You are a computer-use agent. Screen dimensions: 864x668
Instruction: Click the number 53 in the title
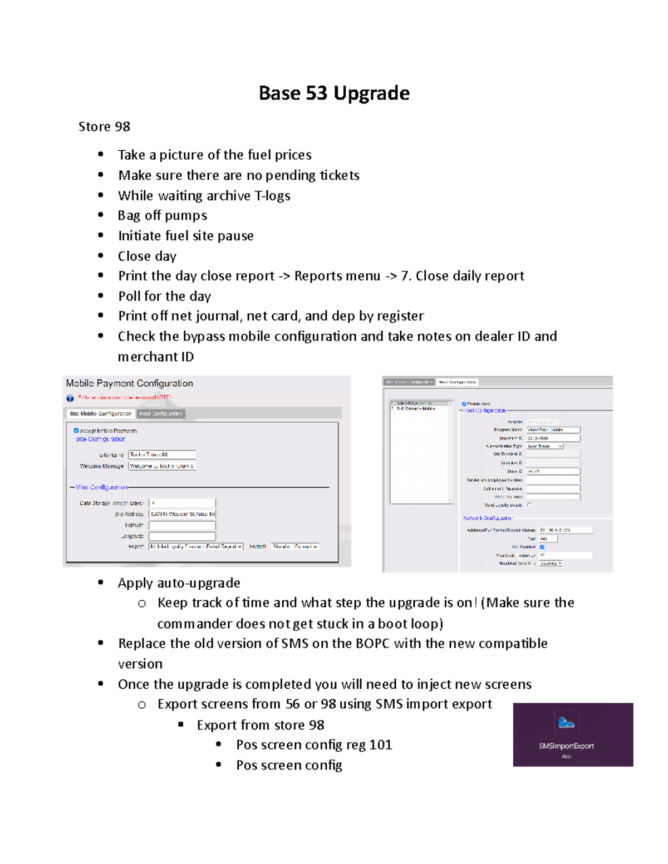coord(316,93)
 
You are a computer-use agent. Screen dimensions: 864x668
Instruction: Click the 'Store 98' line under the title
coord(104,127)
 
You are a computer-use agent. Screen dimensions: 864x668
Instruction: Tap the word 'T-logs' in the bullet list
coord(272,196)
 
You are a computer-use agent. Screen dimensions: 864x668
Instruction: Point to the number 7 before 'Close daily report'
coord(405,276)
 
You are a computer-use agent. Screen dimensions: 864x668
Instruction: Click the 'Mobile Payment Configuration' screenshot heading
coord(129,383)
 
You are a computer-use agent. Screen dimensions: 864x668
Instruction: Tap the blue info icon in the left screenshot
coord(70,398)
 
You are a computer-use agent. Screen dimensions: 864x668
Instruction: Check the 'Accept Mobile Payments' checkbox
coord(76,431)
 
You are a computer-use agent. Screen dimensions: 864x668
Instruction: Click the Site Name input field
coord(161,455)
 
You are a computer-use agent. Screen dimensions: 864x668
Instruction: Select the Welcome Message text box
coord(161,466)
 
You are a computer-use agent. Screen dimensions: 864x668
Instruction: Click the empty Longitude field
coord(182,536)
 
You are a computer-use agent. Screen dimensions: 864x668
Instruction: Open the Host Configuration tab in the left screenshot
coord(161,413)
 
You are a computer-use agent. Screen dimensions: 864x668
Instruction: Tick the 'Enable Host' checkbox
coord(464,404)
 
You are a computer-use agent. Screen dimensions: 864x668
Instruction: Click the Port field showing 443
coord(548,539)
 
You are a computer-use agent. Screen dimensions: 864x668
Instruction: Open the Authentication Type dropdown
coord(545,446)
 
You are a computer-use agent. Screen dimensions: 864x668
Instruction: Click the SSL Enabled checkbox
coord(542,547)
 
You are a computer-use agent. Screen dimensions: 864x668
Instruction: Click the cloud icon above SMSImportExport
coord(566,723)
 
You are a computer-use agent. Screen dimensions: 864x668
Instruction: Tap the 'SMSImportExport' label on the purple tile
coord(566,746)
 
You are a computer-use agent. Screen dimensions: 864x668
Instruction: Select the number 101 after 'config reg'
coord(381,745)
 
